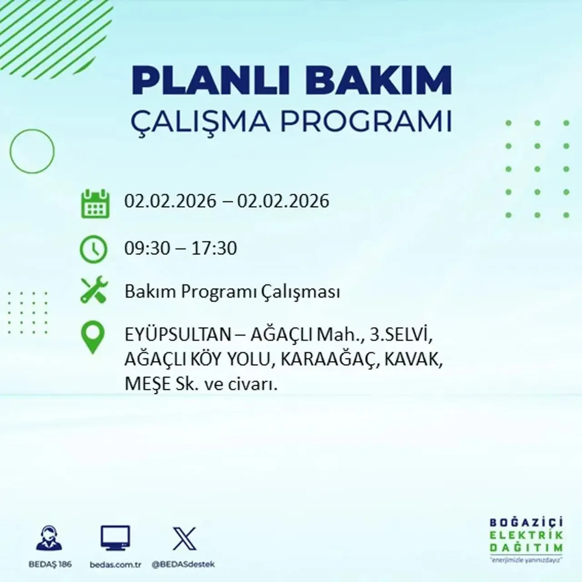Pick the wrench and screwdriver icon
94,291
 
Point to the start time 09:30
147,248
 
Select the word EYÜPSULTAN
178,335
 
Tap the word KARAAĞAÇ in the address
330,360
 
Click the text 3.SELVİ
400,335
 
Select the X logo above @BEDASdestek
184,539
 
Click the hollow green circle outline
32,151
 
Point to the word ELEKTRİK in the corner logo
526,535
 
